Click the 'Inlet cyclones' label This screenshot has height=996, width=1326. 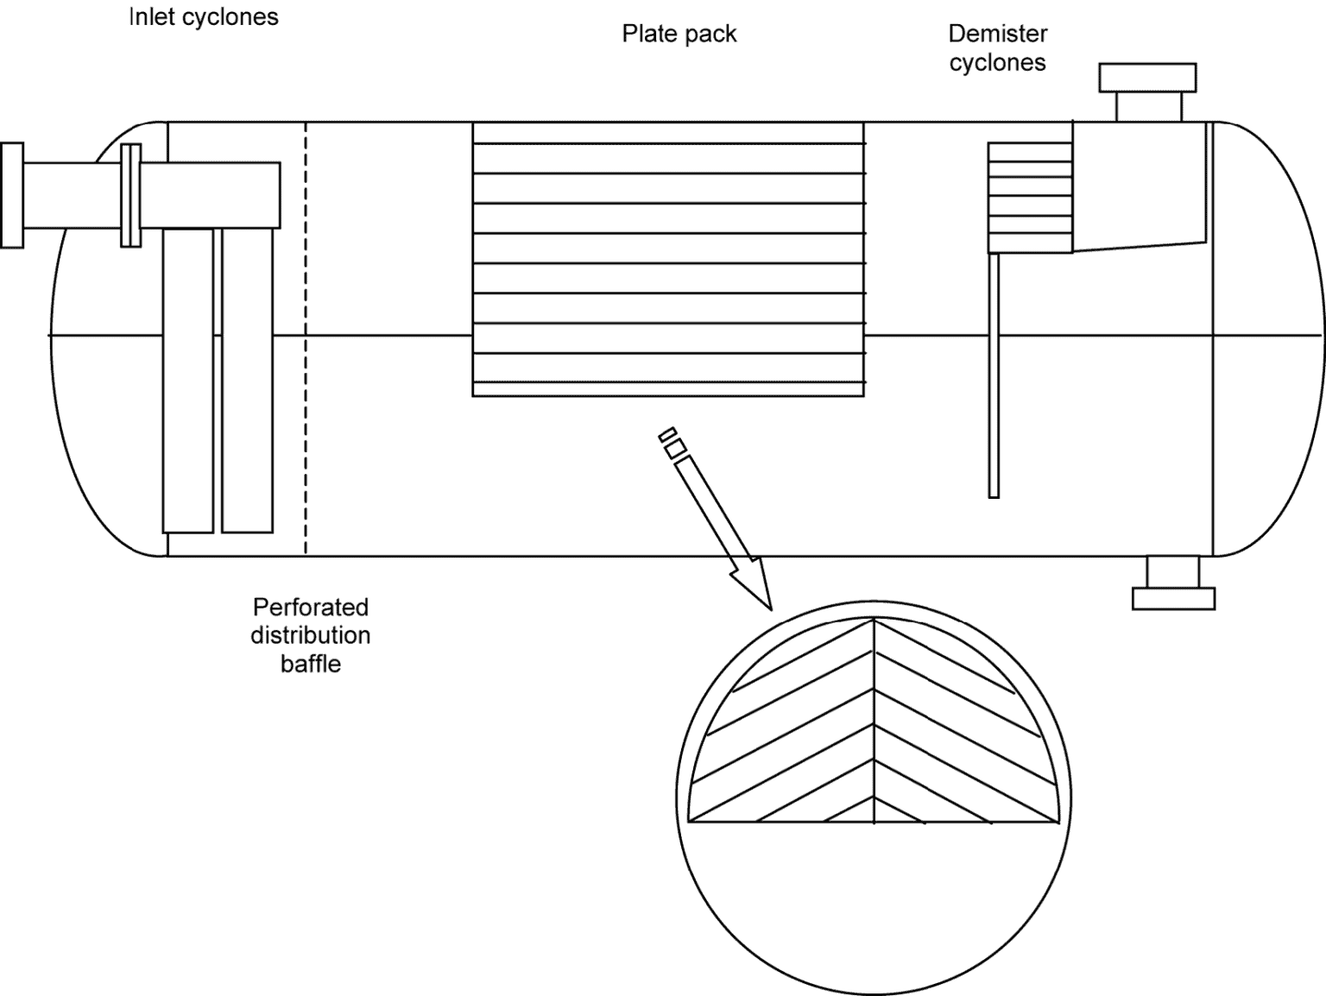[204, 17]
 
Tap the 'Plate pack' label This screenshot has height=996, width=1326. [679, 35]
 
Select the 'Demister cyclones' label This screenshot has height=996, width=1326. [997, 48]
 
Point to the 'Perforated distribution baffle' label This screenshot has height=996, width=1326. [310, 635]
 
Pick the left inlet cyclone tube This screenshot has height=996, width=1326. [188, 380]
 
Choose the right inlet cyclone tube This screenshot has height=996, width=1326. [248, 380]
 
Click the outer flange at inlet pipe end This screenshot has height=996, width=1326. [12, 196]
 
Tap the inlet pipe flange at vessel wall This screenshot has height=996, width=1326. [130, 196]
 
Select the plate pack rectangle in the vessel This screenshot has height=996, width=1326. [668, 259]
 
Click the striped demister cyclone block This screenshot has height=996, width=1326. [1030, 198]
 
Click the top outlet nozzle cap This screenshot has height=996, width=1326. [1147, 78]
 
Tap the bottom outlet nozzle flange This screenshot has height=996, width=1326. [1173, 598]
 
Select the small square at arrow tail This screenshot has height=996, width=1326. [675, 448]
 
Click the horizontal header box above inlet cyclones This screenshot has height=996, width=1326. [212, 195]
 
